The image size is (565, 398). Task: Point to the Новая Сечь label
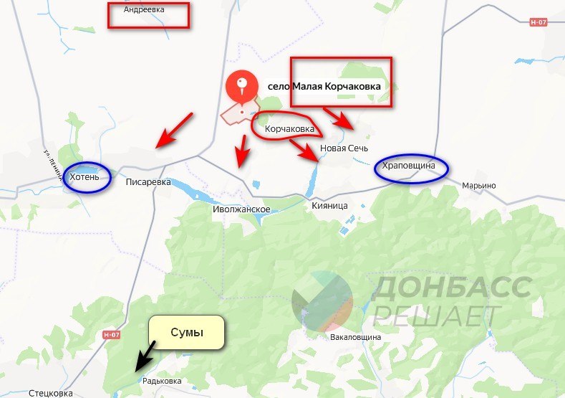[x=344, y=148]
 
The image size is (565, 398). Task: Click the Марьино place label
[x=478, y=186]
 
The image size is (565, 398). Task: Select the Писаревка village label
[x=148, y=182]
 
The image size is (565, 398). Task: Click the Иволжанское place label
[x=241, y=209]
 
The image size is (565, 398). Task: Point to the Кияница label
[x=329, y=206]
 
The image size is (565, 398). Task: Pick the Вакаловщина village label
[x=355, y=336]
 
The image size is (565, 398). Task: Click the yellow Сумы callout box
[x=187, y=333]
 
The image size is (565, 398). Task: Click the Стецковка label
[x=50, y=393]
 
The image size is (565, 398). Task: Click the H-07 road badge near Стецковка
[x=112, y=335]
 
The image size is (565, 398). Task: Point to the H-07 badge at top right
[x=538, y=22]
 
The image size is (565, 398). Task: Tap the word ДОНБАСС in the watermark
[x=452, y=288]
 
